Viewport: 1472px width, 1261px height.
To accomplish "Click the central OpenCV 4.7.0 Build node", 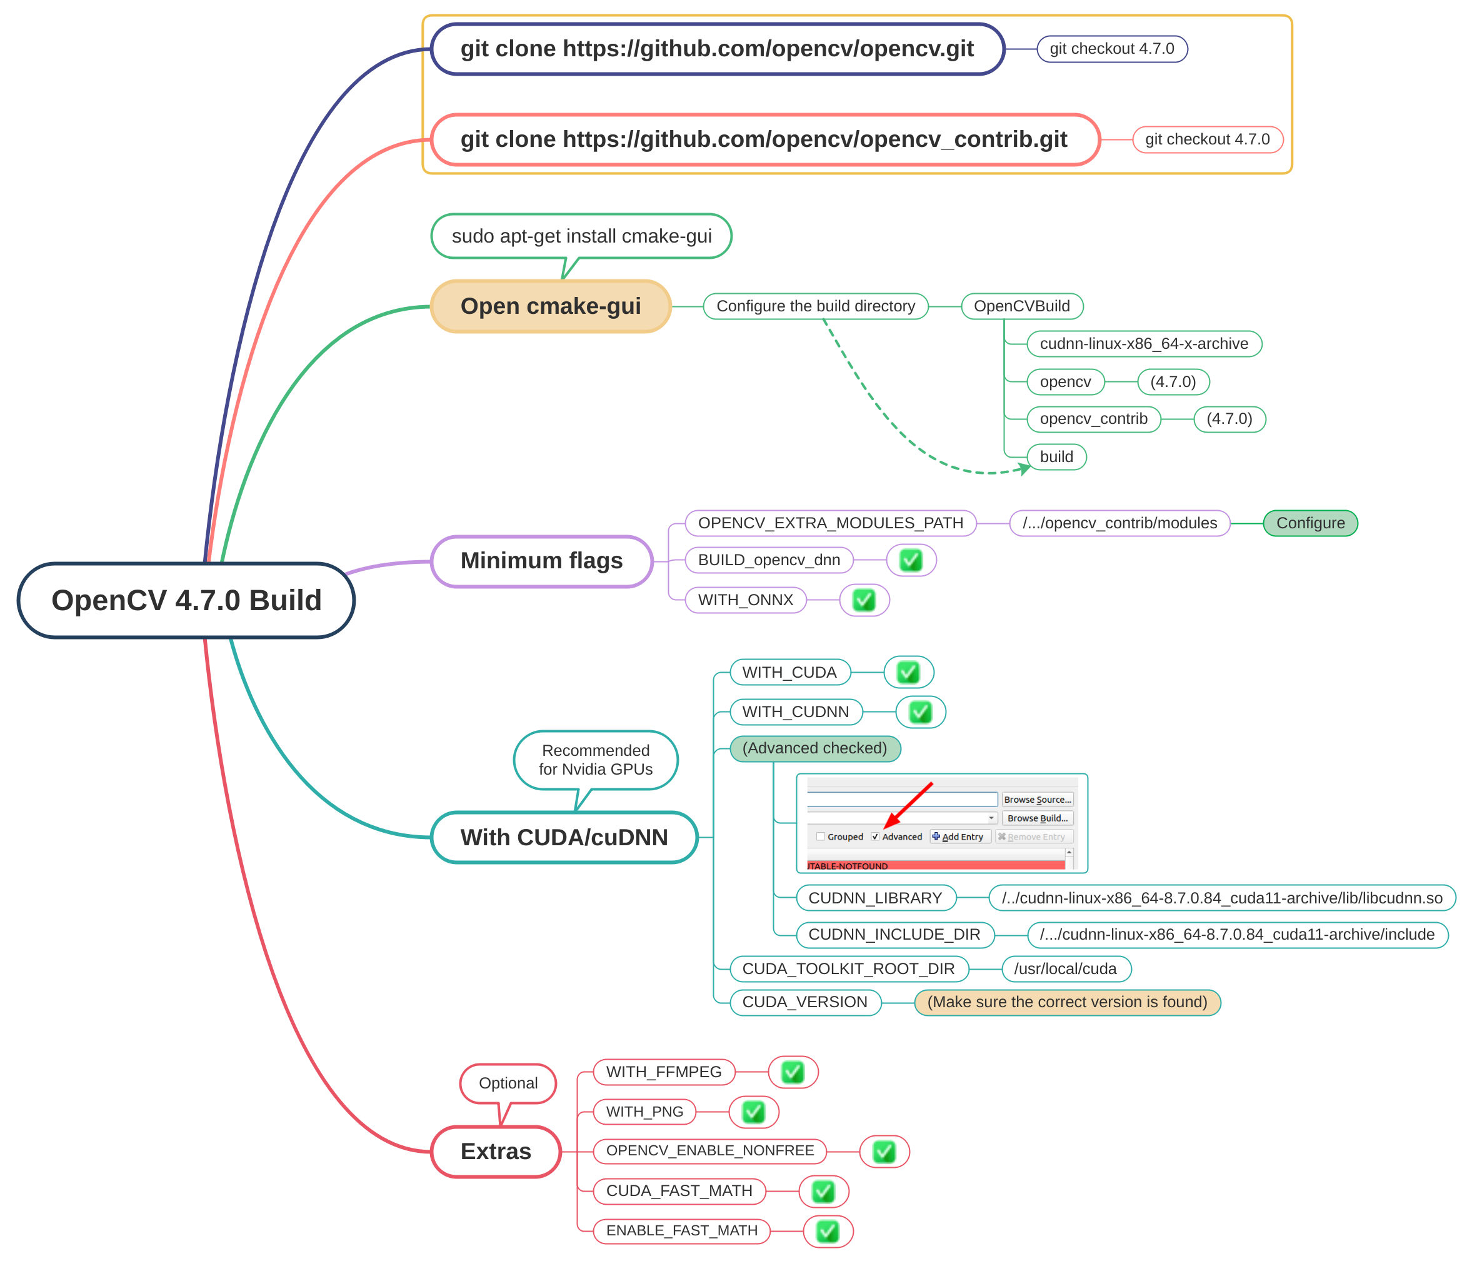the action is click(186, 600).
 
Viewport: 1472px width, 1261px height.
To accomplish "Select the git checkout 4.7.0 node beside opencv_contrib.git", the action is click(1208, 139).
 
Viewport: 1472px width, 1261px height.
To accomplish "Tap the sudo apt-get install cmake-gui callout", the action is click(581, 236).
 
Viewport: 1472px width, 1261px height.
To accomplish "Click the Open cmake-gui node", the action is click(551, 306).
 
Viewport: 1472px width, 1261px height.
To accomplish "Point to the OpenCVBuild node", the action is click(1021, 306).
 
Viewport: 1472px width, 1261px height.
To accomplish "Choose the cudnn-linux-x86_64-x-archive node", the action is click(1144, 344).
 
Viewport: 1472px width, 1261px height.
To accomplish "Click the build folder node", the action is click(1056, 457).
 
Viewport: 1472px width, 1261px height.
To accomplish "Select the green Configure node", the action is click(1310, 523).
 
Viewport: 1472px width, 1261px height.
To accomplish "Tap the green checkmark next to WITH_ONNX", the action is click(864, 600).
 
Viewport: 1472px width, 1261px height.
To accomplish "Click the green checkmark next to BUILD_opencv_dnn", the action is click(911, 561).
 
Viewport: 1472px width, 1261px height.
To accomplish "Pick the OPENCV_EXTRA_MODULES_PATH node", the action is click(831, 523).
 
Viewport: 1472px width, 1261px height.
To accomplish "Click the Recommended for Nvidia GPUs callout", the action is click(595, 760).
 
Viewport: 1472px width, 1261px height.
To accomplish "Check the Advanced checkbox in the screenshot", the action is click(875, 837).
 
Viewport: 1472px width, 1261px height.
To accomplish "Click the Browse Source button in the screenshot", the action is click(1037, 800).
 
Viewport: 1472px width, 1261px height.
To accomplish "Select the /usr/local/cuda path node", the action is click(1066, 969).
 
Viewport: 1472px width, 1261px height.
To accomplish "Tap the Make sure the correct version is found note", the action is click(1067, 1002).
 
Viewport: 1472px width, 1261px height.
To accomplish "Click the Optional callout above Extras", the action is click(508, 1083).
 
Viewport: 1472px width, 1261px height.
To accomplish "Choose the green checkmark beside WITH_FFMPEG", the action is click(793, 1072).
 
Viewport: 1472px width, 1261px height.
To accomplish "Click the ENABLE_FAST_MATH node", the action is click(682, 1231).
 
